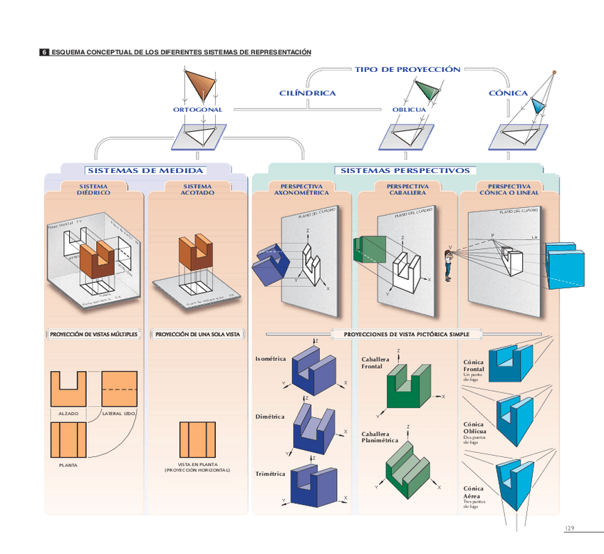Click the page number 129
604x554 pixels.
click(569, 528)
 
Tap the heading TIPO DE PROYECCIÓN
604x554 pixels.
click(407, 70)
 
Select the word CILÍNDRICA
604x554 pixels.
click(307, 93)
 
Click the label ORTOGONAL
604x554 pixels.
click(197, 110)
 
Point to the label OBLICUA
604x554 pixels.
click(409, 110)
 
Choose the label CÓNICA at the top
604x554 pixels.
click(508, 93)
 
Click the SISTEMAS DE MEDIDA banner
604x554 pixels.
click(145, 171)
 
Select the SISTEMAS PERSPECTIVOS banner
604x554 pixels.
click(405, 171)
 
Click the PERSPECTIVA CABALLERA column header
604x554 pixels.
click(407, 189)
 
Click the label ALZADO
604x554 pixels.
click(68, 414)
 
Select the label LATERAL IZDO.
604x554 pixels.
click(119, 414)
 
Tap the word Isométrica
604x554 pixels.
click(270, 359)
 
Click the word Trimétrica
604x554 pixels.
click(270, 474)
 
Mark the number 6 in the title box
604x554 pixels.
click(44, 53)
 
